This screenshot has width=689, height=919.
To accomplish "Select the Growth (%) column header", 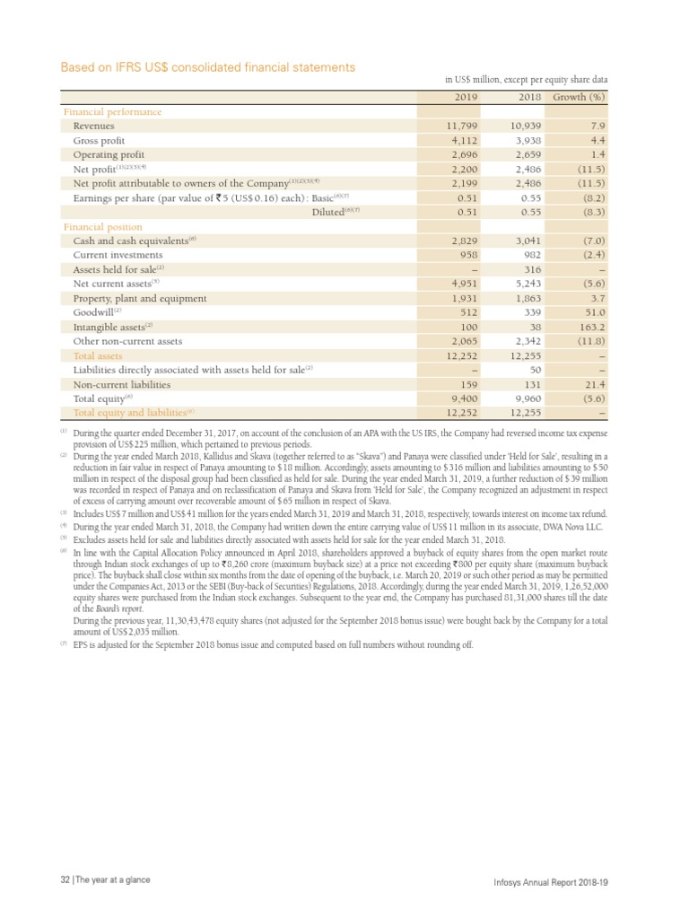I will pyautogui.click(x=580, y=97).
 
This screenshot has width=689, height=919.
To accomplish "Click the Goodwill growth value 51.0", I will pyautogui.click(x=596, y=312).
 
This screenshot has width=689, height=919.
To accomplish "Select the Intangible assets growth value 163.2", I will pyautogui.click(x=593, y=327).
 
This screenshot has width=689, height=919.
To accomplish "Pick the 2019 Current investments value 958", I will pyautogui.click(x=463, y=255).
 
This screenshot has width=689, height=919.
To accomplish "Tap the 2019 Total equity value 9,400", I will pyautogui.click(x=460, y=398).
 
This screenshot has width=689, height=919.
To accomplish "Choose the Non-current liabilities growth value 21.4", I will pyautogui.click(x=596, y=384).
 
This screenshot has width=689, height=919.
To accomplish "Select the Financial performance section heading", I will pyautogui.click(x=112, y=112).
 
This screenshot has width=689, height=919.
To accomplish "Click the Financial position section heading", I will pyautogui.click(x=102, y=227).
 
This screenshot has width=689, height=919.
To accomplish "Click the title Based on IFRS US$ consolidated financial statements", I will pyautogui.click(x=207, y=67).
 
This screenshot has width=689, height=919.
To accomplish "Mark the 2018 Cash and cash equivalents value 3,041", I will pyautogui.click(x=526, y=241).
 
